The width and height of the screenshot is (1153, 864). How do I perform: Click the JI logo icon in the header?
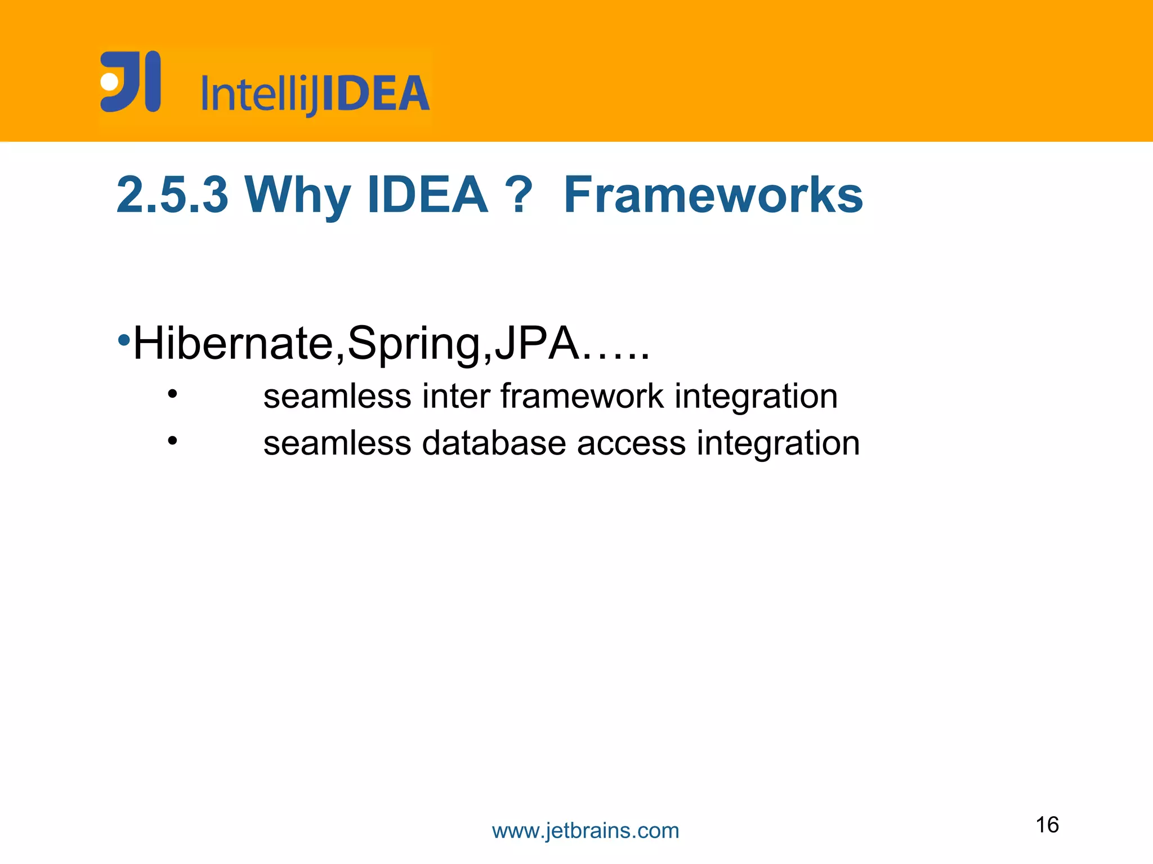point(131,82)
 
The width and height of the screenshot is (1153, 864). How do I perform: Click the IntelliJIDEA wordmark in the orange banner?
point(315,94)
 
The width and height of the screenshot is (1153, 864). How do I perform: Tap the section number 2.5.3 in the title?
point(172,195)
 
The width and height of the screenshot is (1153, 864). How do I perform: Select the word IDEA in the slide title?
point(427,195)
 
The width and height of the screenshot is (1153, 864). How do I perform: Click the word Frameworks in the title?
point(713,195)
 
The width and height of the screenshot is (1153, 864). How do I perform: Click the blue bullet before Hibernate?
point(124,340)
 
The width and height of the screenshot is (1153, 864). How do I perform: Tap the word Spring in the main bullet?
point(414,344)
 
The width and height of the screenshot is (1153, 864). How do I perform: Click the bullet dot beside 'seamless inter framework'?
point(172,394)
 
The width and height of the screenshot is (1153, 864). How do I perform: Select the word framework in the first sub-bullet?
point(582,396)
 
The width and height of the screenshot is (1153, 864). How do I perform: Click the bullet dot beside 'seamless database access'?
point(172,441)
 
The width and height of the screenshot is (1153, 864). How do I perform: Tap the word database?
point(494,443)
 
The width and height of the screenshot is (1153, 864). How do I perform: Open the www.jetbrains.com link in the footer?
point(586,831)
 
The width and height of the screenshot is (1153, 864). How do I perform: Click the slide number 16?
point(1047,825)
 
